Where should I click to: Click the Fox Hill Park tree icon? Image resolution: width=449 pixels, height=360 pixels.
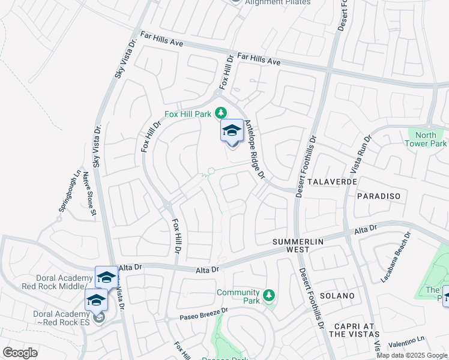point(221,112)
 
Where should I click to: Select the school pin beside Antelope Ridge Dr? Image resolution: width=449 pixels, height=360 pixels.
point(232,131)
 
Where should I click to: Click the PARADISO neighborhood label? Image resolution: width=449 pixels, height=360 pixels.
point(378,196)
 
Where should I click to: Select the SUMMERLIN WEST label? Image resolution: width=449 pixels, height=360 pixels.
point(298,245)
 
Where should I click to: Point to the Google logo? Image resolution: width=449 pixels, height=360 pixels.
point(20,352)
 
